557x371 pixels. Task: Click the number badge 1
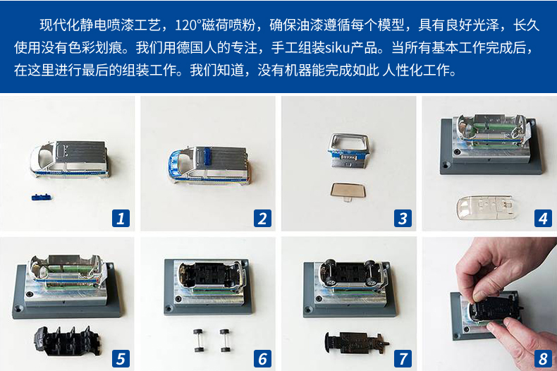coord(121,218)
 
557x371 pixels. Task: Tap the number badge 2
coord(262,218)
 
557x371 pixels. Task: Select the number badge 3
coord(403,218)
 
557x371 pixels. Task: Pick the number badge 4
coord(543,218)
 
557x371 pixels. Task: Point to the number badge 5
coord(121,358)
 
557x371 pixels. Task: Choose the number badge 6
coord(262,358)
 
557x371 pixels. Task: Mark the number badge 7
coord(403,358)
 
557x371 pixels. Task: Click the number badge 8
coord(543,358)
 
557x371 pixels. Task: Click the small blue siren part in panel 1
coord(41,197)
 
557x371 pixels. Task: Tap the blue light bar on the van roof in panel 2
coord(207,157)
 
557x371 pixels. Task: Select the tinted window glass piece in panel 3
coord(348,191)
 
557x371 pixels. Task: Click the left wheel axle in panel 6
coord(199,341)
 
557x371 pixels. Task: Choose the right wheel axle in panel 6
coord(225,341)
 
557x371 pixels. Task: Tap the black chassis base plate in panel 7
coord(356,343)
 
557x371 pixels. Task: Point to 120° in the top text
coord(188,25)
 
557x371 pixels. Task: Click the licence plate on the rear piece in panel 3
coord(348,157)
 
